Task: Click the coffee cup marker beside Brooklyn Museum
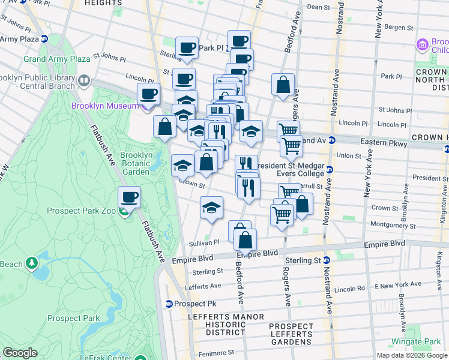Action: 148,94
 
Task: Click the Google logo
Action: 20,353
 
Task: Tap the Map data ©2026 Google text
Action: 411,355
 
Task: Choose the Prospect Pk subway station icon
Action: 170,304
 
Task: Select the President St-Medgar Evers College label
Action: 291,169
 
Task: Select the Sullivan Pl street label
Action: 205,242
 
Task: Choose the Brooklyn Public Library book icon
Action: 85,80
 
